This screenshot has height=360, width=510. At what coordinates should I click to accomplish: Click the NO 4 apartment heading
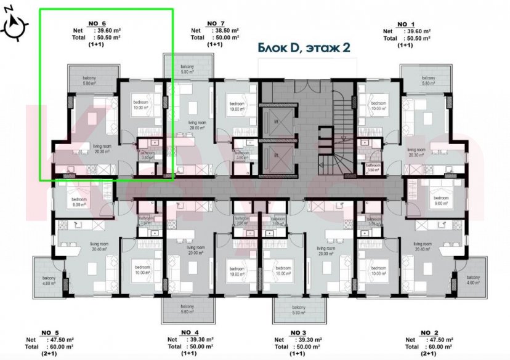(190, 332)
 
